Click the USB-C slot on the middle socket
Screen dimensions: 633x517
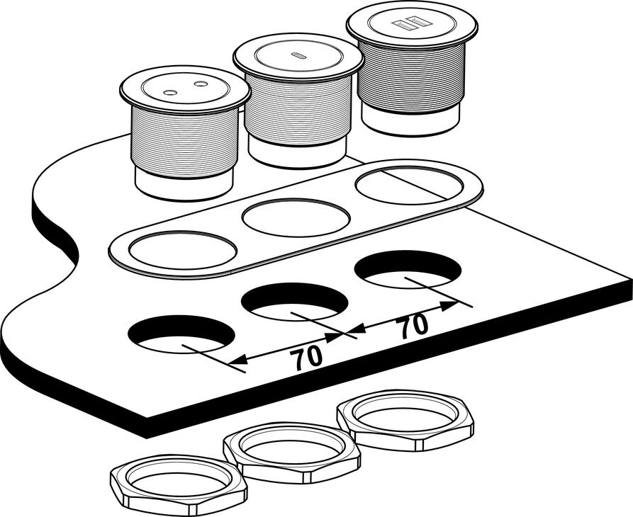pyautogui.click(x=299, y=55)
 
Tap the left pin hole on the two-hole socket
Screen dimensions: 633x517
pyautogui.click(x=170, y=93)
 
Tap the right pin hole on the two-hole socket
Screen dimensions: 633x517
pyautogui.click(x=200, y=84)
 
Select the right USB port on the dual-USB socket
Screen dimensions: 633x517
pyautogui.click(x=418, y=21)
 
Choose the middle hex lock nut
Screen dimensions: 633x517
pyautogui.click(x=291, y=452)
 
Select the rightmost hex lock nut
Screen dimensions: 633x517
pyautogui.click(x=405, y=420)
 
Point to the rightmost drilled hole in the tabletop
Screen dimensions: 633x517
pyautogui.click(x=408, y=269)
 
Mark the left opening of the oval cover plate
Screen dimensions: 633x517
pyautogui.click(x=182, y=250)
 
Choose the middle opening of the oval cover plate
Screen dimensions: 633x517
pyautogui.click(x=296, y=217)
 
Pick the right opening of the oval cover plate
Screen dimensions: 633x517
pyautogui.click(x=409, y=185)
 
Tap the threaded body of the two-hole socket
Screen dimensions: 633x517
pyautogui.click(x=184, y=142)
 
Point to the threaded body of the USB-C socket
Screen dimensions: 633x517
pyautogui.click(x=298, y=108)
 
